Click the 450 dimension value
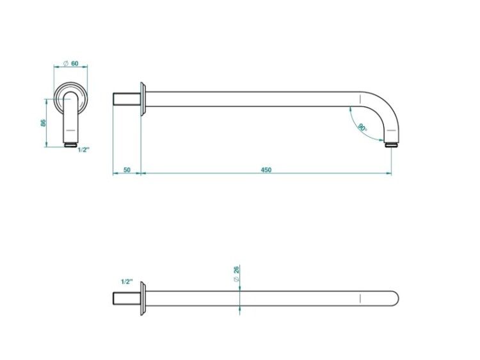[x=266, y=169]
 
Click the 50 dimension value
[x=127, y=169]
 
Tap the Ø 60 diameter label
[x=70, y=63]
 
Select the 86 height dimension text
[x=43, y=123]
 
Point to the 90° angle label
[x=362, y=127]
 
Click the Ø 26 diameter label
[x=236, y=274]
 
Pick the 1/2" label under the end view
[x=83, y=150]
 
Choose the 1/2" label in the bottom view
[x=127, y=282]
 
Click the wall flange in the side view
[x=143, y=99]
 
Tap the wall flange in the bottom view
[x=143, y=299]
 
